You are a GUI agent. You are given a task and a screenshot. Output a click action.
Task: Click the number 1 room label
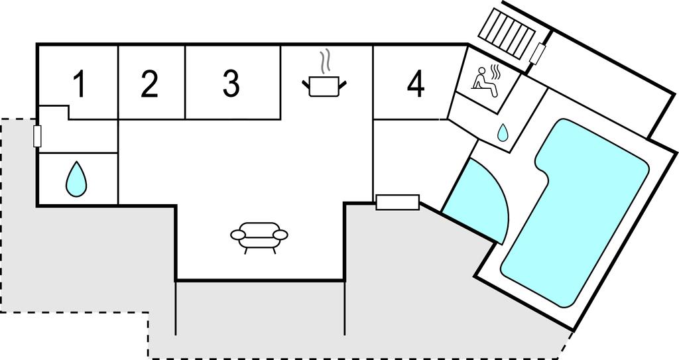point(79,86)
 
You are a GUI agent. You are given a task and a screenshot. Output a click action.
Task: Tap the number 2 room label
point(150,84)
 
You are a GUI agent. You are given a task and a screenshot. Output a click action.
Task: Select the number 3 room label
point(230,84)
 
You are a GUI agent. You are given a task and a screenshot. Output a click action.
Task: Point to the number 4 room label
point(415,84)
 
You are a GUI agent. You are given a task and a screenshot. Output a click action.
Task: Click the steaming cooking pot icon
point(324,86)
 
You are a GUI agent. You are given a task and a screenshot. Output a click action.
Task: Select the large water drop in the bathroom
point(76,179)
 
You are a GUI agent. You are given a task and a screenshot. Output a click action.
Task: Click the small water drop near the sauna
point(503,133)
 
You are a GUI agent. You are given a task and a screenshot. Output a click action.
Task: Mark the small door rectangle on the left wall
point(37,136)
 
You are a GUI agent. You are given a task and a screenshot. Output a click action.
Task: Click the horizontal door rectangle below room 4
point(397,202)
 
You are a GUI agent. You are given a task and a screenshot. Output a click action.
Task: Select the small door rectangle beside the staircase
point(540,52)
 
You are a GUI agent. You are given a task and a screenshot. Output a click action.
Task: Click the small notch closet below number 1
point(54,113)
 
